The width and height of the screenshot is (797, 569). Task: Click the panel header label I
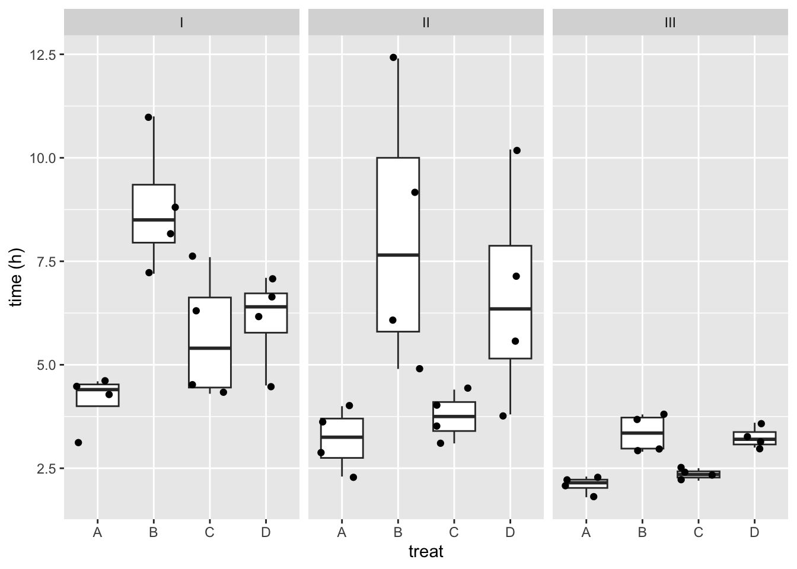181,23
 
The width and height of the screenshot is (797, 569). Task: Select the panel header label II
426,23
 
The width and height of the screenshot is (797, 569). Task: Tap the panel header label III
670,23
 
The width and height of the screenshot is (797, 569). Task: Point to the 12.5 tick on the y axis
62,55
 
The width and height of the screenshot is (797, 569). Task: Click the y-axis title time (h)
15,277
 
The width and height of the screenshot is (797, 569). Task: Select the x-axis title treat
426,551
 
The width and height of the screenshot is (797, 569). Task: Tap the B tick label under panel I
154,532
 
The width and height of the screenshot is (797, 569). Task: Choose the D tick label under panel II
510,532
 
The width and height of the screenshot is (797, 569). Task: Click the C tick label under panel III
698,532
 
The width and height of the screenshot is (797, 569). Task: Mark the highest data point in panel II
393,57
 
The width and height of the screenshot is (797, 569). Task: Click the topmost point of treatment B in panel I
148,117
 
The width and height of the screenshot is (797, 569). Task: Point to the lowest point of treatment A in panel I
78,442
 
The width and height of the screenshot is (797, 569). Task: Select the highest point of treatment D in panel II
517,151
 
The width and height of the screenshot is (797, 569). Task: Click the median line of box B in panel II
398,255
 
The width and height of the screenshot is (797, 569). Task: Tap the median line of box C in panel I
209,348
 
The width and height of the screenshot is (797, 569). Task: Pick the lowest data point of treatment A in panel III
594,497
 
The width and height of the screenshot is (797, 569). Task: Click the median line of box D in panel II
510,308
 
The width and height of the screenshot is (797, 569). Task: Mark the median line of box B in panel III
642,433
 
